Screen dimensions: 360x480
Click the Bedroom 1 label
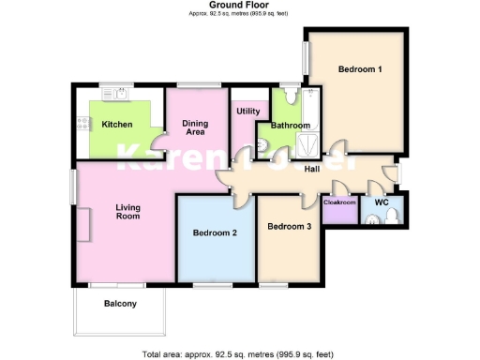coord(360,69)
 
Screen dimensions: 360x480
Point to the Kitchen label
coord(117,125)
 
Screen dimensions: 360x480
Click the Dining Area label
coord(195,127)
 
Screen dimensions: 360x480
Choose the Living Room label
coord(127,212)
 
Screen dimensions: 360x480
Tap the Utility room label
coord(248,112)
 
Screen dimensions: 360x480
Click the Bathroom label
coord(290,126)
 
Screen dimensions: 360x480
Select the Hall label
coord(312,169)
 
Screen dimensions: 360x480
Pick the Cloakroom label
coord(339,202)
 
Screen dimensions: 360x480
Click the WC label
coord(382,202)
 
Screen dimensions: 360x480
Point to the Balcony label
coord(120,303)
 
